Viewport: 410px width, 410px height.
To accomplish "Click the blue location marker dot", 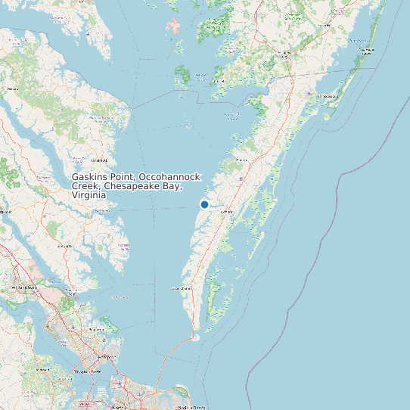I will pos(204,204).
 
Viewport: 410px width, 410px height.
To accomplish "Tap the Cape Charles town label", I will pos(182,289).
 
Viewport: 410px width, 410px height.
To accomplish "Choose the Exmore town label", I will pos(225,213).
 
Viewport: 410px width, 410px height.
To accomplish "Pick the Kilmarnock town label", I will pos(99,160).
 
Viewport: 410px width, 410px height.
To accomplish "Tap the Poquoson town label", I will pos(98,330).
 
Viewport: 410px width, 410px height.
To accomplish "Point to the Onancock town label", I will pos(242,160).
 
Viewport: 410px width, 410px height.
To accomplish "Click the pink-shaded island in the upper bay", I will pos(175,26).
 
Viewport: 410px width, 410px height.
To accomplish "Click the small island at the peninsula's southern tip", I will pos(195,337).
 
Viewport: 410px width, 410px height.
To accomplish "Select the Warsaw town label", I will pos(12,89).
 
